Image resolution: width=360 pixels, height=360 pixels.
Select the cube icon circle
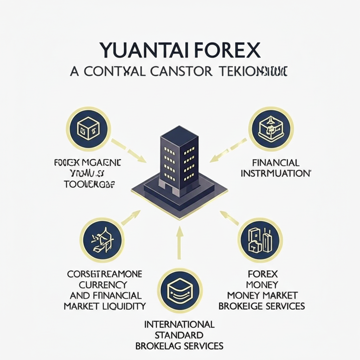[x=88, y=129]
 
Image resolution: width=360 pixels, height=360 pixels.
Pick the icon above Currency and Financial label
[x=102, y=240]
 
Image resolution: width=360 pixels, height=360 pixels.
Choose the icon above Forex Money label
[x=260, y=240]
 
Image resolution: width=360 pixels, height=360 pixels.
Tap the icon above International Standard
[x=180, y=290]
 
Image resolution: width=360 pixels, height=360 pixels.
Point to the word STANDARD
[x=179, y=334]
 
